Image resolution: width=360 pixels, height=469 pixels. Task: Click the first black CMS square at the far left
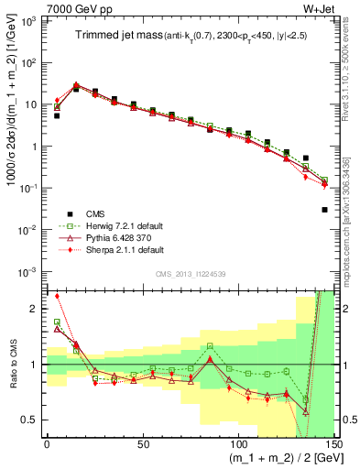(57, 116)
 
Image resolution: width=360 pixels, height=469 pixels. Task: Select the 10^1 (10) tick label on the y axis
(32, 104)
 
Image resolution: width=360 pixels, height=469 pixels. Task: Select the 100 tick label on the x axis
(237, 442)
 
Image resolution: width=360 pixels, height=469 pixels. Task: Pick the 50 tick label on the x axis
(142, 442)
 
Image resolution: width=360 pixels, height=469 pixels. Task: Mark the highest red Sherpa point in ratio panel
(57, 296)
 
